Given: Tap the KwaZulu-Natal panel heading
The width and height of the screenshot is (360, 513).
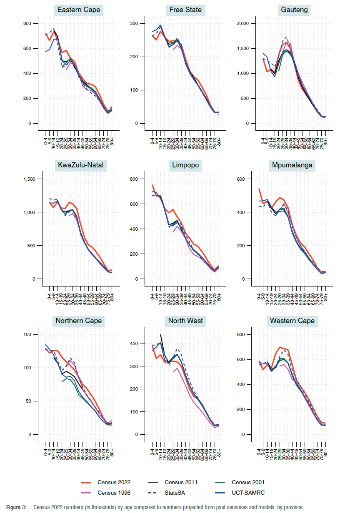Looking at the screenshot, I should pyautogui.click(x=81, y=165).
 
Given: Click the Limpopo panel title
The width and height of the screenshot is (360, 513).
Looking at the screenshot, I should pyautogui.click(x=185, y=165).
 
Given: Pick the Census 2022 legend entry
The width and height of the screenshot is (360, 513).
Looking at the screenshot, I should pyautogui.click(x=114, y=483).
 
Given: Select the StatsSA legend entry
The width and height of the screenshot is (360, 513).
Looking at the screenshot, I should pyautogui.click(x=175, y=493).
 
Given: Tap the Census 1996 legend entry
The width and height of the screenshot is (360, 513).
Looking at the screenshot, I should pyautogui.click(x=114, y=493).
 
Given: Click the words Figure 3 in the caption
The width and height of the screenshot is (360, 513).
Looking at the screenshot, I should pyautogui.click(x=16, y=507).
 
